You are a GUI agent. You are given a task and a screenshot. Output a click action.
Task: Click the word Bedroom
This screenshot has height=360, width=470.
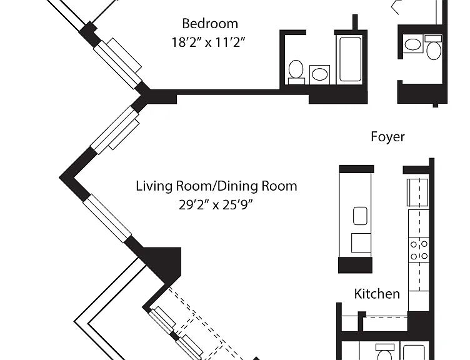point(210,24)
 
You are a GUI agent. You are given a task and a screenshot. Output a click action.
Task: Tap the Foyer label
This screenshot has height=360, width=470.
point(387,137)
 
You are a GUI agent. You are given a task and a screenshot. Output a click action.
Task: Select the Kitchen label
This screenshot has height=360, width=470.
point(377,294)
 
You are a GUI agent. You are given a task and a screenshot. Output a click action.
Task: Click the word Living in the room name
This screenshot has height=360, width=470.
point(154,186)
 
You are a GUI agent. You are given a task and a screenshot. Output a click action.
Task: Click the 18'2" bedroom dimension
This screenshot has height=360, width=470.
point(186,42)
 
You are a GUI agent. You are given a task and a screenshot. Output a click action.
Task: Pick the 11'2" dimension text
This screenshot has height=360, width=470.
point(230,42)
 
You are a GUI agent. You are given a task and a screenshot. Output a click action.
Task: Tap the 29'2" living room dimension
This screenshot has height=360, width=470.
point(194,205)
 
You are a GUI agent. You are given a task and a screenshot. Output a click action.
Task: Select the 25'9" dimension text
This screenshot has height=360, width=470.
point(238,205)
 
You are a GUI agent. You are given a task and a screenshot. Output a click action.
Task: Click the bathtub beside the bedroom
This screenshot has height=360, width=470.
point(350,59)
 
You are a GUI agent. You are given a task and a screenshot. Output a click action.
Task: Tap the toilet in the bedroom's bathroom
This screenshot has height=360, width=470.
point(296,72)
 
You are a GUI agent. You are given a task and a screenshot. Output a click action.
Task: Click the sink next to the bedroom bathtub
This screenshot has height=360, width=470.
point(319,74)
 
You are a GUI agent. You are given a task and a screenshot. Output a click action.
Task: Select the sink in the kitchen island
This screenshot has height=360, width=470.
point(360,216)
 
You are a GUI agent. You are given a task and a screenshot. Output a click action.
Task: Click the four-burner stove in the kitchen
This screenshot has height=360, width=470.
point(419,250)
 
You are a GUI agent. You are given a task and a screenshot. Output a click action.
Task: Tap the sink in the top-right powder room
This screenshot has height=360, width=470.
point(412,44)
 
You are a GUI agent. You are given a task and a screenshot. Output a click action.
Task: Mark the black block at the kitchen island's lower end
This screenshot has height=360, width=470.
point(355,265)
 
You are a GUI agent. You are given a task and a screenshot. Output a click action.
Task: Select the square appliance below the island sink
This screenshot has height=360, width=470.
point(361,242)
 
